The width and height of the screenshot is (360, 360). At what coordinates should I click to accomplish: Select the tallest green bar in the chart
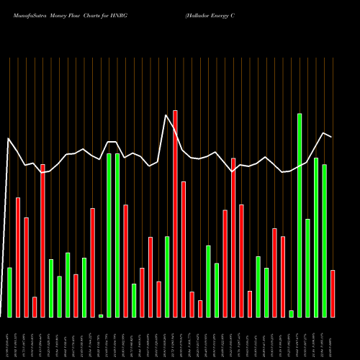click(300, 215)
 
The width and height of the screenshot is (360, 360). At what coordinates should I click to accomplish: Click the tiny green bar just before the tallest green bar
click(291, 313)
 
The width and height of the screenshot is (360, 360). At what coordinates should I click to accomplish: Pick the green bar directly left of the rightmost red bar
click(324, 240)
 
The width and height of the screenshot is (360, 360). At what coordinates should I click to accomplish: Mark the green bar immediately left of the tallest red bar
click(167, 276)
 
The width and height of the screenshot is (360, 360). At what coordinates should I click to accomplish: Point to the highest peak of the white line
click(166, 115)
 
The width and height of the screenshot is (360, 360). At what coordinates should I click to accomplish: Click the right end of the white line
click(331, 136)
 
